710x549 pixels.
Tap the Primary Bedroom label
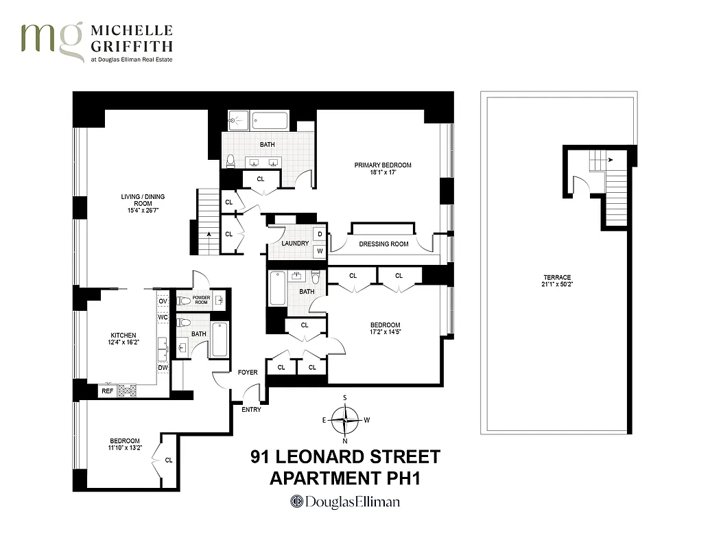[383, 165]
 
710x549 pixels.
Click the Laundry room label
[295, 244]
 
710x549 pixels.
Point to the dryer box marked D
[320, 234]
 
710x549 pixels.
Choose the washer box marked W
[320, 251]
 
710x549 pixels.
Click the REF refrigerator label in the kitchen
[107, 391]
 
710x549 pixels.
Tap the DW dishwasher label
[163, 368]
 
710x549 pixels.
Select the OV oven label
[163, 301]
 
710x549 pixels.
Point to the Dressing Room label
[383, 244]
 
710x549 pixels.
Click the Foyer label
[248, 373]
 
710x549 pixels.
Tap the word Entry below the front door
[251, 410]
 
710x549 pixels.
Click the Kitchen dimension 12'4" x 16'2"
[124, 343]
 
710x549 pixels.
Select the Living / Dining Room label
[143, 200]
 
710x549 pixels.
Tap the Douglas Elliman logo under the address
[345, 502]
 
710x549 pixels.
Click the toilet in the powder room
[184, 301]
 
